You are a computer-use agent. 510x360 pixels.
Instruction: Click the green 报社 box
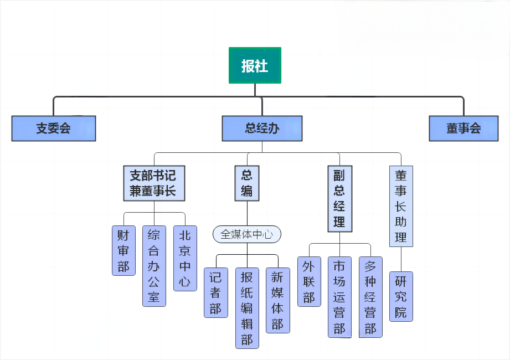[255, 65]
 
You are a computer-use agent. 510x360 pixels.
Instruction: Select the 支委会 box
[54, 128]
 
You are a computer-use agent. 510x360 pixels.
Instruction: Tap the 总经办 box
[262, 128]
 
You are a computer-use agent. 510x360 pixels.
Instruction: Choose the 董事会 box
[463, 128]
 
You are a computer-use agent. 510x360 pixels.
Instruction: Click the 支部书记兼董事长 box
[153, 183]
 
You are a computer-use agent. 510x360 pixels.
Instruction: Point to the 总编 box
[247, 183]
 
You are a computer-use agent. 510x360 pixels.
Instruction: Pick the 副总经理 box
[339, 199]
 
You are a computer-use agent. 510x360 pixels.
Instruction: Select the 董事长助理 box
[401, 206]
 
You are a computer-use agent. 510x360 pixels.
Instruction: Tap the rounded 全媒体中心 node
[247, 234]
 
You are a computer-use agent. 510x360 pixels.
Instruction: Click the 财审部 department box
[123, 250]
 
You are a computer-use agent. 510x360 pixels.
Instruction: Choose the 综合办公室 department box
[154, 266]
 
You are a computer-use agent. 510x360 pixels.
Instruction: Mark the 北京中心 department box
[185, 258]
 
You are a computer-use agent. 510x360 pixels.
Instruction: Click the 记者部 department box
[216, 292]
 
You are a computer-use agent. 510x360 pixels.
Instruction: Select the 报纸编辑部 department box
[247, 308]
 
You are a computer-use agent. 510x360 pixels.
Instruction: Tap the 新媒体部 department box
[278, 300]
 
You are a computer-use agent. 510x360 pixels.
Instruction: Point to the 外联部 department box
[309, 281]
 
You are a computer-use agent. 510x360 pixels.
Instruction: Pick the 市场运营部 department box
[339, 297]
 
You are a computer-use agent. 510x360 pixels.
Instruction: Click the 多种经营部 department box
[370, 297]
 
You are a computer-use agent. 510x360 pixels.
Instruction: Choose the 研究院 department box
[401, 296]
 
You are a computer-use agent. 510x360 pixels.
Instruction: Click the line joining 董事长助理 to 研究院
[401, 259]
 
